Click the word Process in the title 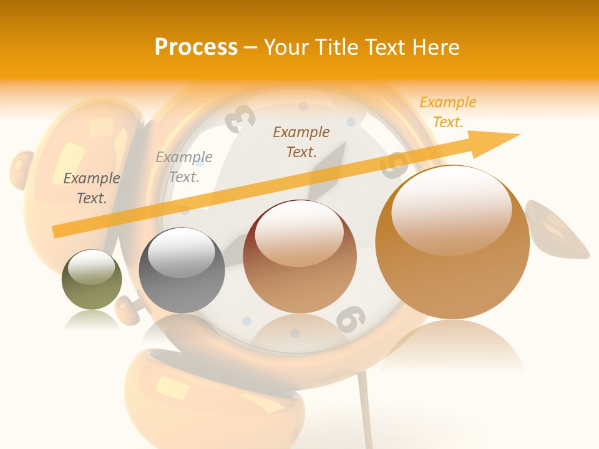coord(196,47)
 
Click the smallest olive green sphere coord(92,280)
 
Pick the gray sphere coord(182,270)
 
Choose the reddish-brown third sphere coord(299,256)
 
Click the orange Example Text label coord(447,112)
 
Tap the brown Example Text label coord(301,142)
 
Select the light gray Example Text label coord(184,167)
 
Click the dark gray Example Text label coord(92,188)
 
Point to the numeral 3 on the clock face coord(240,118)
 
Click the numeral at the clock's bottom coord(350,319)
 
